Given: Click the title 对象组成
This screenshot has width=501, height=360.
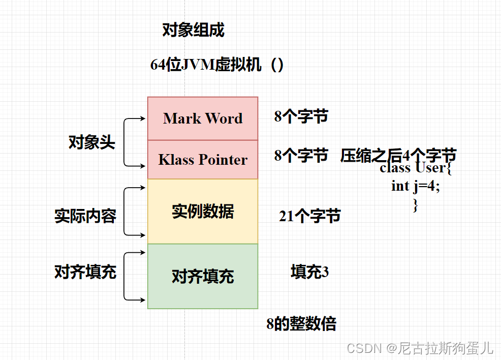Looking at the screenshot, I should (x=193, y=31).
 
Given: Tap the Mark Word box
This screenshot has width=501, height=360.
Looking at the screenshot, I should (x=203, y=118).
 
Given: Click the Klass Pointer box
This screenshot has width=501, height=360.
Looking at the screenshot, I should (x=203, y=160).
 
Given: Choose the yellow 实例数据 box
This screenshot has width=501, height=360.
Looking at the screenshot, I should (x=203, y=212).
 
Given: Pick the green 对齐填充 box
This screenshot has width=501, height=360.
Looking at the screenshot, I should (x=203, y=276).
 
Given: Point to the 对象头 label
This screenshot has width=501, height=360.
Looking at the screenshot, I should (x=92, y=142).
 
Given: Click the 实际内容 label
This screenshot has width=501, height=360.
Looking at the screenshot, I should (x=85, y=216).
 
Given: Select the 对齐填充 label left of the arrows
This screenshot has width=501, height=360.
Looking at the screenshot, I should (x=85, y=272).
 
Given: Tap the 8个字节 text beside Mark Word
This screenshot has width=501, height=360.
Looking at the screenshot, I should (x=301, y=116).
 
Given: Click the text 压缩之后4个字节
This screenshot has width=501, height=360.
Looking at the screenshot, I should (x=398, y=155).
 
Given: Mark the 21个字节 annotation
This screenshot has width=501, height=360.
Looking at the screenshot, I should (x=310, y=216).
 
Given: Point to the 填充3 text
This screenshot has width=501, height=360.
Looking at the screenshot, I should (x=310, y=272).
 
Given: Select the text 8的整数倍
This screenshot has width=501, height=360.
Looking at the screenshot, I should (x=301, y=324).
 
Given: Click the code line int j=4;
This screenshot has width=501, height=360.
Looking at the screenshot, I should (x=416, y=186).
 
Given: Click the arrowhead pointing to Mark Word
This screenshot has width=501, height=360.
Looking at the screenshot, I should (x=144, y=119).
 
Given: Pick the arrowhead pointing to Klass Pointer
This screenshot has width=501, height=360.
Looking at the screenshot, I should (x=144, y=166).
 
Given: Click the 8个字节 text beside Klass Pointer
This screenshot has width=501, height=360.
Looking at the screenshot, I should (x=301, y=155).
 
